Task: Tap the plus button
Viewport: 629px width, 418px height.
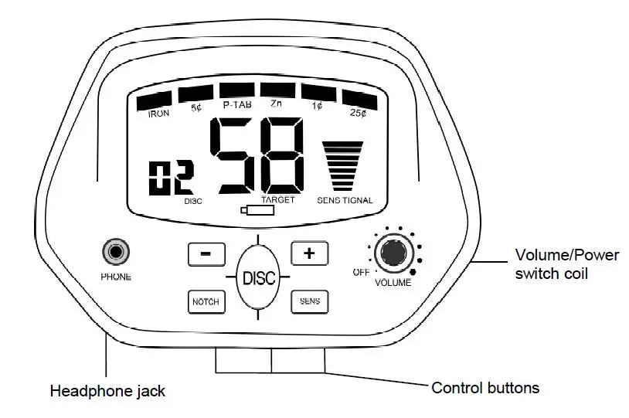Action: (309, 253)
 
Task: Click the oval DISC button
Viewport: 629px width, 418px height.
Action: (258, 277)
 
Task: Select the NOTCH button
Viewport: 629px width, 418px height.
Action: (206, 301)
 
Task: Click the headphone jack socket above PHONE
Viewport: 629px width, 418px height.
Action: (116, 252)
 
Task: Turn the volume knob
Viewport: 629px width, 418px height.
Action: (394, 253)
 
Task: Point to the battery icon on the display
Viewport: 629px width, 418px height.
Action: (257, 210)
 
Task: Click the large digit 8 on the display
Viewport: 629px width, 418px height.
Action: (282, 155)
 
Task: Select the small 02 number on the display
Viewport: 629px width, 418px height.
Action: (172, 178)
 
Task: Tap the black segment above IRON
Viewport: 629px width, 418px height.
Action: (154, 101)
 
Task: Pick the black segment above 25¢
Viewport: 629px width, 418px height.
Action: (360, 100)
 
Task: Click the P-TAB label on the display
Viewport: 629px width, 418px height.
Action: (237, 105)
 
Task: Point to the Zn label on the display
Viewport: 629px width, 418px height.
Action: (276, 104)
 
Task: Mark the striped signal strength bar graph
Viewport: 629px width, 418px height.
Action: (342, 166)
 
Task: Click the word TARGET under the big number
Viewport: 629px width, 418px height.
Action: (278, 200)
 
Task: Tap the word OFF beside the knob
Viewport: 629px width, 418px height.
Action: (361, 272)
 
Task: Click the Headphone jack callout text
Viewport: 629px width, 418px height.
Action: (107, 391)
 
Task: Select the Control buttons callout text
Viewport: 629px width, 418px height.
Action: (485, 388)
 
